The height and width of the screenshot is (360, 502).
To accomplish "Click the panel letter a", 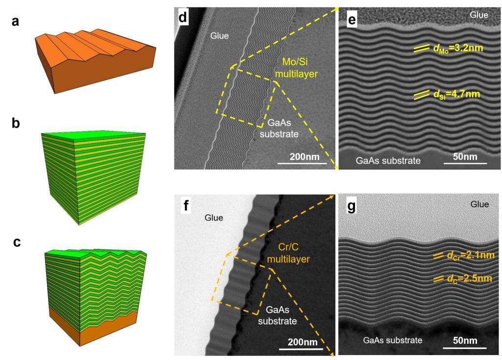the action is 15,22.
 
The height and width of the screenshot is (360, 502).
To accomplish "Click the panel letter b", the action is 16,123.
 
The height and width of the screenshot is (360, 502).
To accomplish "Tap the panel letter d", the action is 183,17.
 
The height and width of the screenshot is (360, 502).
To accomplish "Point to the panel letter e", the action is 351,20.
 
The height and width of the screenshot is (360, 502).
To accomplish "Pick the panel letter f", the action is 185,205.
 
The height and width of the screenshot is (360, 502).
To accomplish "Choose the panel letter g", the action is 351,206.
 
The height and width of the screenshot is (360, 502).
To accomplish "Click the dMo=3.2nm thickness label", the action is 457,48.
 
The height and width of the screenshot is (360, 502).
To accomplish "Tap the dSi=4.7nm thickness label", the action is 456,95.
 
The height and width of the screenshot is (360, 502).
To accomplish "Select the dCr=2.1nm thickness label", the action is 471,256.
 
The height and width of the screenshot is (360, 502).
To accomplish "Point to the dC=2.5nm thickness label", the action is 469,278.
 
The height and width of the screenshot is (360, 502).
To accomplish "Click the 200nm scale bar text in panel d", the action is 304,156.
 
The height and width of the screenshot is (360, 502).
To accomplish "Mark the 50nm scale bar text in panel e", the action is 465,156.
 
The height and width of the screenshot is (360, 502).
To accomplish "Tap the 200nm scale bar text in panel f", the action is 302,342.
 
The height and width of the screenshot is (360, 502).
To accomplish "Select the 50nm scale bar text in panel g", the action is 465,340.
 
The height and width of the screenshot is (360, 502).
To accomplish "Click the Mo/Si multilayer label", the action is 297,68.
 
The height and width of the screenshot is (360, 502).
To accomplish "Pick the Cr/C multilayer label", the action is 288,253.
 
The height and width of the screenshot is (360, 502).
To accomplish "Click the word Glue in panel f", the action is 214,217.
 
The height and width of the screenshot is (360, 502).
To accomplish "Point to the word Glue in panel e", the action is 479,15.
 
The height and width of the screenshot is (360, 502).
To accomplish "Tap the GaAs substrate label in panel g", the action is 393,340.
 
